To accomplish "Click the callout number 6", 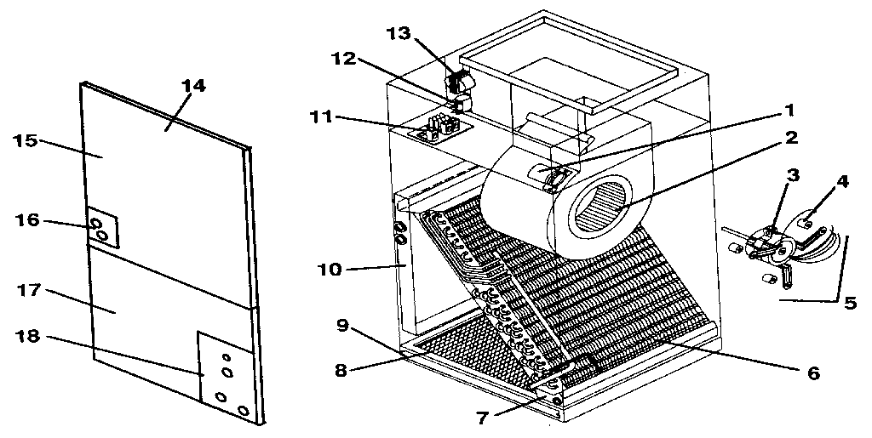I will point(813,373).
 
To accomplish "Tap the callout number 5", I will point(852,300).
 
